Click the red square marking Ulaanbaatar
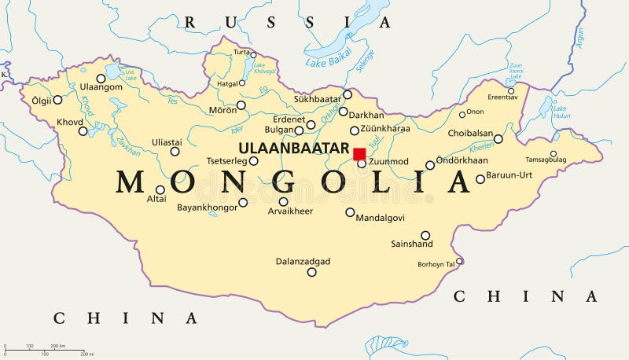tap(359, 153)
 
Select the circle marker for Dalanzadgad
tap(312, 272)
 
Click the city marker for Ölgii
tap(57, 100)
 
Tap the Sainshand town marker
tap(425, 235)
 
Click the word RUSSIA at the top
tap(286, 23)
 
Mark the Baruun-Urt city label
tap(509, 174)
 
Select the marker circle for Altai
tap(160, 189)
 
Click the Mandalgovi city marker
tap(350, 211)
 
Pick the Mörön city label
tap(223, 110)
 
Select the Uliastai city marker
tap(175, 152)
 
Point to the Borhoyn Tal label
tap(436, 263)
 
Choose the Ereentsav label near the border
tap(502, 97)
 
